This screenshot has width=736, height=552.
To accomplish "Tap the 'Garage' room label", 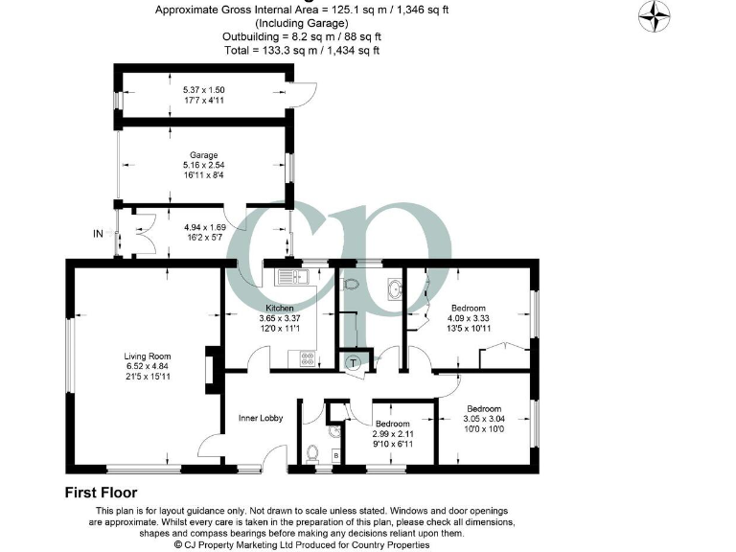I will tap(203, 154).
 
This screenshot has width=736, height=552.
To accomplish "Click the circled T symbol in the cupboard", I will tap(355, 363).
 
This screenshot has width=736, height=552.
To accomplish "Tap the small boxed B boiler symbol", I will tap(334, 453).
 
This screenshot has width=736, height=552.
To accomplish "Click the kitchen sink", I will tap(289, 279).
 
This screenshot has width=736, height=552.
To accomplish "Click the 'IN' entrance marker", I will tap(98, 233).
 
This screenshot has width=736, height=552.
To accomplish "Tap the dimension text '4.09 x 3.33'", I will tap(470, 318).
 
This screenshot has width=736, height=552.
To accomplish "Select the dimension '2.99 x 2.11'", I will tap(393, 434).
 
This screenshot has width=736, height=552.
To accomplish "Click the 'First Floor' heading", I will tap(106, 494).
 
